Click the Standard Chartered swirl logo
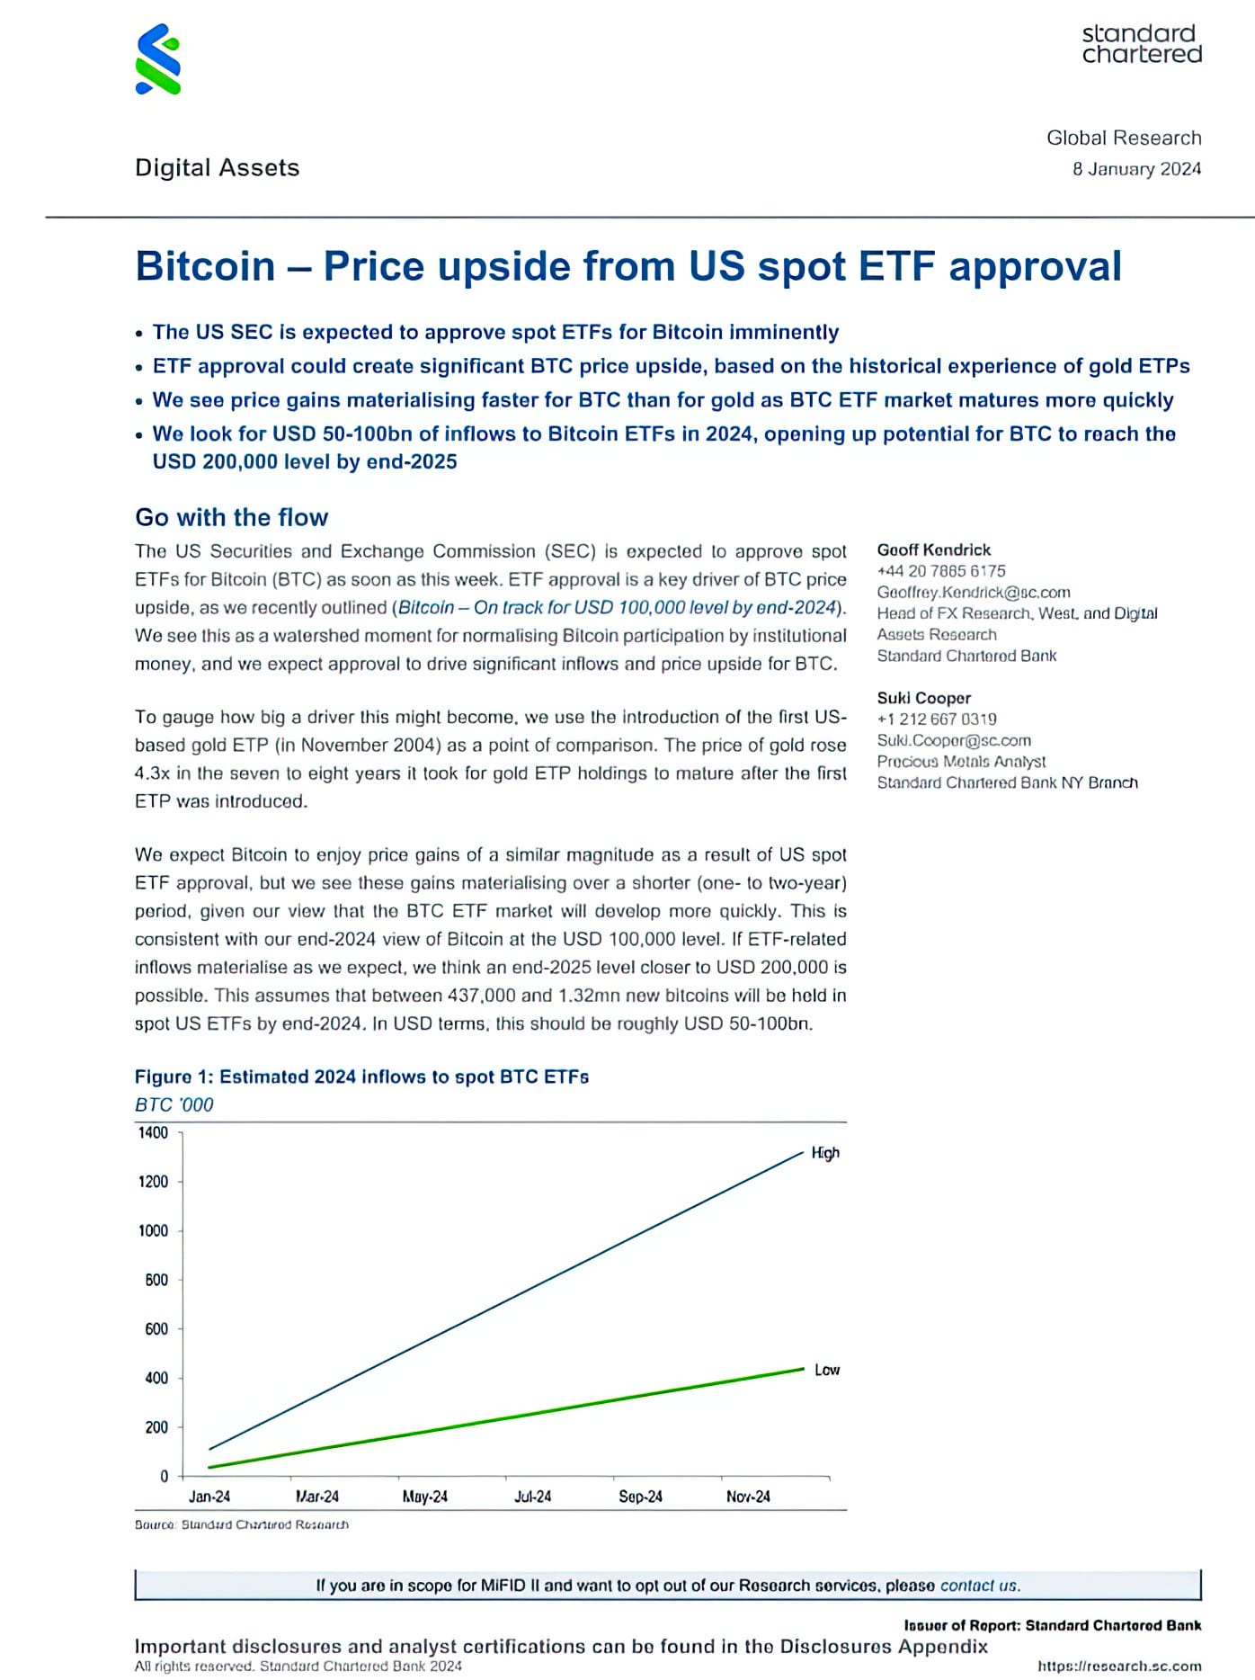click(x=158, y=59)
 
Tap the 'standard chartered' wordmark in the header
click(x=1141, y=44)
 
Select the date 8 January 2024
click(x=1136, y=169)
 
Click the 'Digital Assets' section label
click(x=217, y=168)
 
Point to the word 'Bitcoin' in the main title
click(x=205, y=266)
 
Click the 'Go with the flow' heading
click(x=232, y=517)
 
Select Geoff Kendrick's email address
click(x=974, y=592)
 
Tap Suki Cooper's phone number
click(x=937, y=719)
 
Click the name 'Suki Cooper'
click(x=924, y=698)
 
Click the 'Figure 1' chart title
click(x=361, y=1077)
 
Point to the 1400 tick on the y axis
click(x=153, y=1132)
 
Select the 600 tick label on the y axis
click(x=156, y=1328)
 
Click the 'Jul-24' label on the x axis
click(x=532, y=1497)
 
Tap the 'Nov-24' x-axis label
click(x=748, y=1497)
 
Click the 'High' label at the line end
click(x=825, y=1153)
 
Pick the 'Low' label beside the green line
click(x=827, y=1370)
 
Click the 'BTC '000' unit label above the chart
click(x=174, y=1104)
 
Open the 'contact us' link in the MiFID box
click(x=980, y=1586)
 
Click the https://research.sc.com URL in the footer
click(x=1119, y=1666)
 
